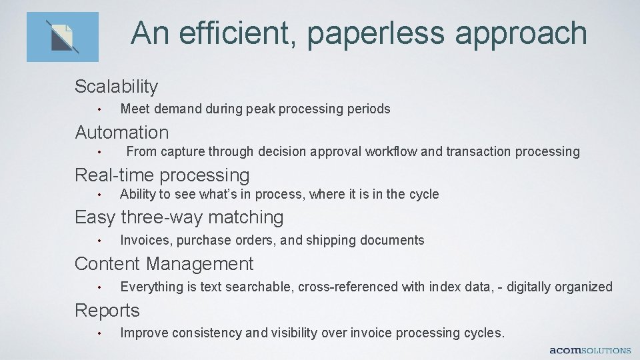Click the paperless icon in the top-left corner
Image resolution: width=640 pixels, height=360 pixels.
(x=62, y=37)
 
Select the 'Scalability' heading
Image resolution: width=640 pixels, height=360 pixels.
(x=116, y=87)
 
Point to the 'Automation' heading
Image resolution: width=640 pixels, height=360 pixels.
(x=121, y=133)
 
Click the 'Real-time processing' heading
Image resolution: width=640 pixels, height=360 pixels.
(x=162, y=175)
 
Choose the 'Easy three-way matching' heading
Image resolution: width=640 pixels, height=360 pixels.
(x=179, y=217)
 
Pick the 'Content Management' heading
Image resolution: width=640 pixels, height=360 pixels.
(x=164, y=264)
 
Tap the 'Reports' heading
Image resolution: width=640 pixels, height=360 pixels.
(x=107, y=311)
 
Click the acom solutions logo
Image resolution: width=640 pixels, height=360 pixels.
(x=590, y=350)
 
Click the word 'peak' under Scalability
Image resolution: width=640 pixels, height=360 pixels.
(x=261, y=109)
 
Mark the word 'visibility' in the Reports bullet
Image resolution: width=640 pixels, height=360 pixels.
(x=291, y=333)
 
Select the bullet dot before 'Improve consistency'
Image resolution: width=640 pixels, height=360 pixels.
(x=98, y=333)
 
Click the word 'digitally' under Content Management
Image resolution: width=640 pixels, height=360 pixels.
(x=529, y=287)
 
